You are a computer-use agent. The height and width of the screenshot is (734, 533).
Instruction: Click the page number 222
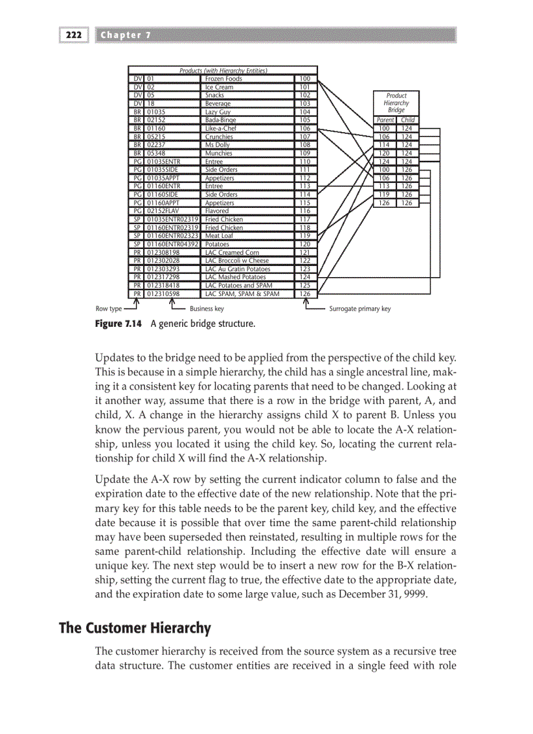coord(74,35)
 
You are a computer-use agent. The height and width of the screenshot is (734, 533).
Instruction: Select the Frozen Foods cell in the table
coord(223,79)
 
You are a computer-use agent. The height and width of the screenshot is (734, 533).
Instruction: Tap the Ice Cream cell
coord(219,87)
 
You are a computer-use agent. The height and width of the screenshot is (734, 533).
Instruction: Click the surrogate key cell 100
coord(304,79)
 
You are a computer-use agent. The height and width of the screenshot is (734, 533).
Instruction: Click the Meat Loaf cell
coord(219,236)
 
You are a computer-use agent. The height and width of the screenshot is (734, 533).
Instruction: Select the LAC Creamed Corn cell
coord(232,252)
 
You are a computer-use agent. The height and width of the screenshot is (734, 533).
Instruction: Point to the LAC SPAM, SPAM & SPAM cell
coord(242,293)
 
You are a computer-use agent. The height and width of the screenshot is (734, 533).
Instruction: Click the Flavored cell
coord(217,211)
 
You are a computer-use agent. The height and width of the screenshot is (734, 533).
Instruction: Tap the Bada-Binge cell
coord(221,120)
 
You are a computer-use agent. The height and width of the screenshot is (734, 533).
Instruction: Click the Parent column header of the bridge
coord(385,120)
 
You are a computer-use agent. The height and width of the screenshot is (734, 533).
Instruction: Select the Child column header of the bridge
coord(408,120)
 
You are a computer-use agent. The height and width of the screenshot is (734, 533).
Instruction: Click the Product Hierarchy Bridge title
coord(396,103)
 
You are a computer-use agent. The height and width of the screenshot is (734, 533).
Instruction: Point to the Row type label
coord(108,309)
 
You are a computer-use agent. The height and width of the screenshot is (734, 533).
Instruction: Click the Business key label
coord(206,309)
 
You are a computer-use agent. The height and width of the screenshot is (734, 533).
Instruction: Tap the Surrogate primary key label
coord(359,309)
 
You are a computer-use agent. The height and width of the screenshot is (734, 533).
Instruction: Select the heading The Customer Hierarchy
coord(135,628)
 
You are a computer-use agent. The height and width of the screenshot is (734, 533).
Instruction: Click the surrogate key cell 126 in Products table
coord(304,293)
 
